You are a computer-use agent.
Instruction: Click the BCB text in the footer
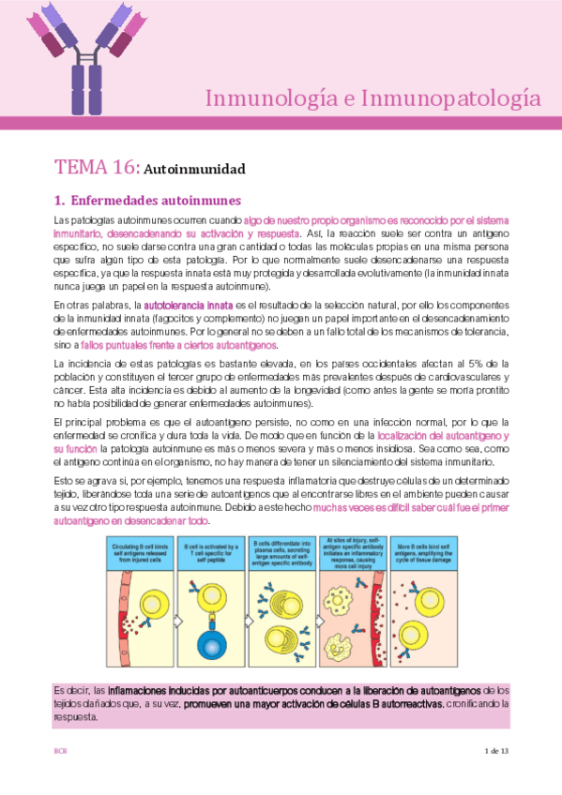(x=60, y=752)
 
